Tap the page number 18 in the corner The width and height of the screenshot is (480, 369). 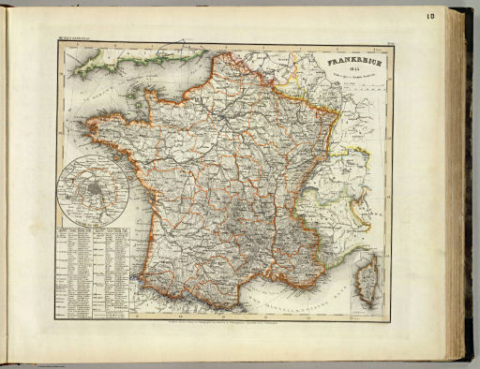[x=457, y=16]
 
